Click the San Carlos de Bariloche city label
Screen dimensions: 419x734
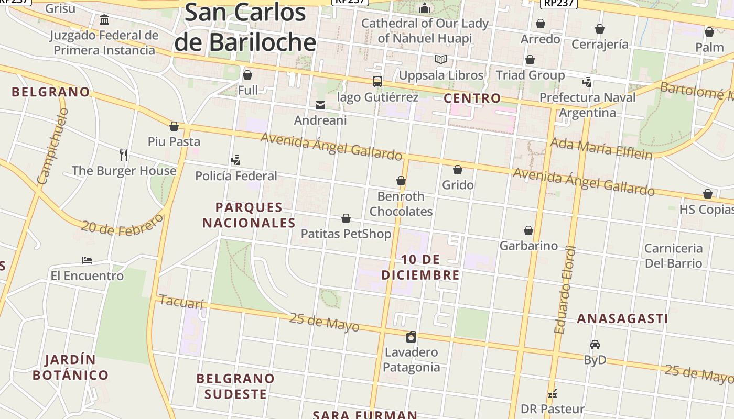(x=245, y=27)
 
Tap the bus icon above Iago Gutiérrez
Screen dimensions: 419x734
(x=377, y=82)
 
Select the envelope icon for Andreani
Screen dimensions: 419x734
(x=320, y=105)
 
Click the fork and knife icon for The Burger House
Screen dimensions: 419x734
(x=124, y=155)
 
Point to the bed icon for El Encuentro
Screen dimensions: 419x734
(x=87, y=260)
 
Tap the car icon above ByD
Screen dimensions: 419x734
(x=595, y=345)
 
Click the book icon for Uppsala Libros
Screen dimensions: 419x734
(x=441, y=60)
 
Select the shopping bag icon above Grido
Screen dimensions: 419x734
(x=458, y=170)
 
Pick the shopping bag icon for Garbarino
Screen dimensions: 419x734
(x=528, y=230)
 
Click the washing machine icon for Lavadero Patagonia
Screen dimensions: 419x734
(x=411, y=337)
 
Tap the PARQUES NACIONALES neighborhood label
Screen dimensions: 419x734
(x=249, y=215)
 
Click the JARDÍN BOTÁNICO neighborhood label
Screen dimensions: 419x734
(x=70, y=367)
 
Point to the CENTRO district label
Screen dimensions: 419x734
(x=472, y=98)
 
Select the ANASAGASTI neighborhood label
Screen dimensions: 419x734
(x=622, y=318)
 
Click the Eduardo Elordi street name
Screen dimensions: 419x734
(x=566, y=290)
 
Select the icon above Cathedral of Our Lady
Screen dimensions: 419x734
(x=425, y=8)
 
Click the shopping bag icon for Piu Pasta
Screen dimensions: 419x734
(x=174, y=126)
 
